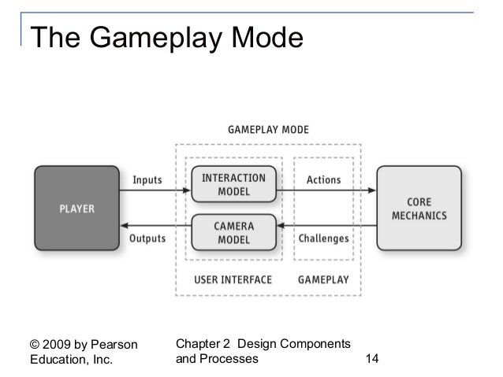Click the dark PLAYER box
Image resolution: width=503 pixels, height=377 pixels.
(77, 209)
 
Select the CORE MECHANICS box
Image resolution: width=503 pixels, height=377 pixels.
(419, 209)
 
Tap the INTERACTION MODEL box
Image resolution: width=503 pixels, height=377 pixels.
(233, 185)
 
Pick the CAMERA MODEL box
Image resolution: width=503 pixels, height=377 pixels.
(233, 231)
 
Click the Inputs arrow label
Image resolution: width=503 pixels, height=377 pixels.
(147, 180)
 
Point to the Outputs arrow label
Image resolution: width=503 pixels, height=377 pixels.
(146, 238)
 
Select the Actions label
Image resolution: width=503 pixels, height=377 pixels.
(323, 180)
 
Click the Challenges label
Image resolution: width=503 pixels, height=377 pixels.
(325, 238)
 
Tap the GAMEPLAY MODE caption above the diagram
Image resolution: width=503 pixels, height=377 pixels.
(268, 129)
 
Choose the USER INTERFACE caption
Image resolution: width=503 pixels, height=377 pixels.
(233, 279)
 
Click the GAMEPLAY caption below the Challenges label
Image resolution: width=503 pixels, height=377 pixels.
(323, 279)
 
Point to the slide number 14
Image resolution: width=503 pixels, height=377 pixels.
(373, 359)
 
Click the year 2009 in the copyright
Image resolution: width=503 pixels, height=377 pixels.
(61, 345)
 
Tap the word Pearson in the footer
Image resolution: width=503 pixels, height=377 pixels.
(114, 345)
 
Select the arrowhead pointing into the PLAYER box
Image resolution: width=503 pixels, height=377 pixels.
(123, 227)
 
